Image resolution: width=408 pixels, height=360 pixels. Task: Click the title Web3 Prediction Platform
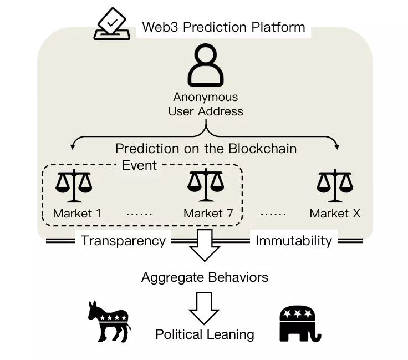(223, 27)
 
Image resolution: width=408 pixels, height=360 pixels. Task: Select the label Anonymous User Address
(206, 104)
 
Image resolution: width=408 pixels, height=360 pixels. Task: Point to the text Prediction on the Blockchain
(206, 149)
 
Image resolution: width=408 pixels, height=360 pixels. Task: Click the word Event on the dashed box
(139, 165)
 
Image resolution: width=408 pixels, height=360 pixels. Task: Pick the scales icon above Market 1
(74, 186)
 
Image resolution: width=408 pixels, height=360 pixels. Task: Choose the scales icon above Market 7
(205, 186)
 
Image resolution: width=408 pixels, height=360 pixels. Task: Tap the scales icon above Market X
(335, 186)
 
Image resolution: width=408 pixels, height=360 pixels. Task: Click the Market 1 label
(77, 214)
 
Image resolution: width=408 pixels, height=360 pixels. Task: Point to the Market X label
(335, 214)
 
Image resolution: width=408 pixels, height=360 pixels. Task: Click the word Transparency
(123, 241)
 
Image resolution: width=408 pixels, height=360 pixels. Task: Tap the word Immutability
(293, 241)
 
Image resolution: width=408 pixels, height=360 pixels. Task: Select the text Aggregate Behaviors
(205, 277)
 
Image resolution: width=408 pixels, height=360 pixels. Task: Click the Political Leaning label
(205, 334)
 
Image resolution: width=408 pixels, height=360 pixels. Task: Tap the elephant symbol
(299, 323)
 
